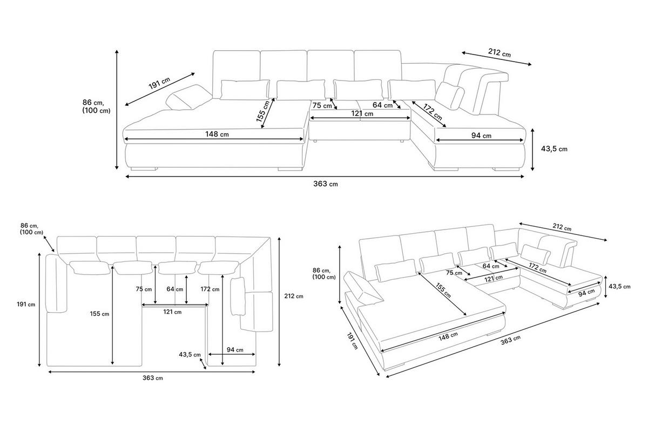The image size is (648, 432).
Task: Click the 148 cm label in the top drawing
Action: tap(217, 134)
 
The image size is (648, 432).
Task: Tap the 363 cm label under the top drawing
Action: tap(326, 184)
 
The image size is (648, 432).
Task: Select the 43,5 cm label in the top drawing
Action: tap(554, 148)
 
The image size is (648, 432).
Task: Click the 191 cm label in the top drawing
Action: tap(159, 83)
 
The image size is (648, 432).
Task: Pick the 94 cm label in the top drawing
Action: tap(481, 136)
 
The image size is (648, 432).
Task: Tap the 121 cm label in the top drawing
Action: tap(362, 114)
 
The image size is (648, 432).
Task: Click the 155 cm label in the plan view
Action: tap(99, 314)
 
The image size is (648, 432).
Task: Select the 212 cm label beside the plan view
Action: tap(294, 296)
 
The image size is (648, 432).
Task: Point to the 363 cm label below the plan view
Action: tap(152, 378)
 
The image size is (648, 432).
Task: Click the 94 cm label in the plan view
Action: tap(235, 349)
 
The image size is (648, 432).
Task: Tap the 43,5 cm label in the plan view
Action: tap(190, 354)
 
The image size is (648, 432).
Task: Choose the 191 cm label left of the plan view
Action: tap(26, 304)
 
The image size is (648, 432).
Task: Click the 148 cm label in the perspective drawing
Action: tap(448, 336)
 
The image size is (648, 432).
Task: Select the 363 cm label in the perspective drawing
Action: tap(511, 340)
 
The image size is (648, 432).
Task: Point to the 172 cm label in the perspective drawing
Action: tap(537, 268)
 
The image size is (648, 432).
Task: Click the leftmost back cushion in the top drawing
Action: tap(237, 74)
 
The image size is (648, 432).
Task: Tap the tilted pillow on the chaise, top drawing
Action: tap(188, 98)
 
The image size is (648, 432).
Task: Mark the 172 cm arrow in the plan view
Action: tap(222, 320)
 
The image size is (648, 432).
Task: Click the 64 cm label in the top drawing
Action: tap(382, 105)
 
